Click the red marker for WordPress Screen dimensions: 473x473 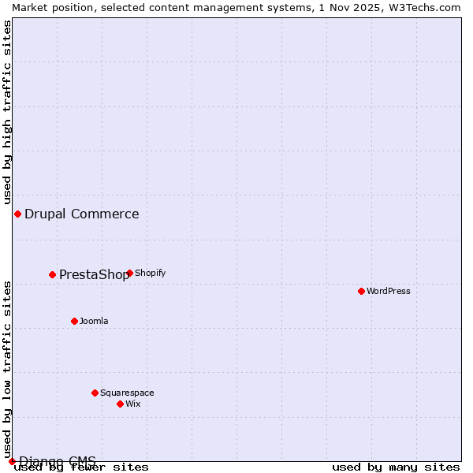point(361,291)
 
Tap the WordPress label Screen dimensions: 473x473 point(389,291)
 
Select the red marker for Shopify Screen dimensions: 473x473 point(129,273)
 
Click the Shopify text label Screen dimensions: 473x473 point(151,273)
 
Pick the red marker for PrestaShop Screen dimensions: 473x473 point(52,274)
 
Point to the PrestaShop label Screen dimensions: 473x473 point(94,274)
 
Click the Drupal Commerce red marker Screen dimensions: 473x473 point(17,214)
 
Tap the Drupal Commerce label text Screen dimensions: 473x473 point(82,214)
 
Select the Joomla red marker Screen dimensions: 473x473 point(74,321)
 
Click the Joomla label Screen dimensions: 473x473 point(94,321)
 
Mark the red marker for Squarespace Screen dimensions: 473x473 point(95,393)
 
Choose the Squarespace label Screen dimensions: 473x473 point(127,393)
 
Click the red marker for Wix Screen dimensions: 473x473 point(120,404)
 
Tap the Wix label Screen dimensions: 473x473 point(133,404)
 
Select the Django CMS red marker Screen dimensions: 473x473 point(12,461)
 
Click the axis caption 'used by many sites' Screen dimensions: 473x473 point(396,467)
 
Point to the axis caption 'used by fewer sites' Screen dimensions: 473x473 point(82,467)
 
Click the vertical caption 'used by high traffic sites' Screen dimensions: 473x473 point(7,113)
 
